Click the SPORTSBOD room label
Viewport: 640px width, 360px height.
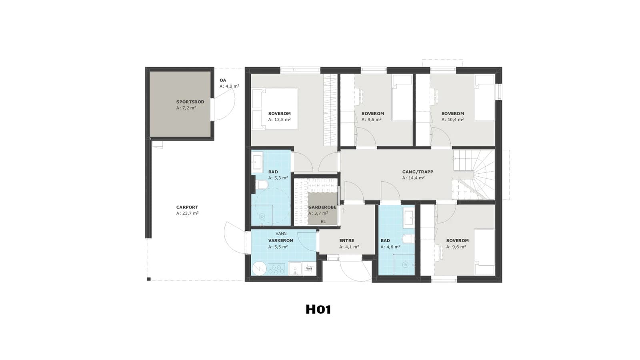coord(190,102)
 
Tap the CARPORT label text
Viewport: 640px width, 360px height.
coord(187,208)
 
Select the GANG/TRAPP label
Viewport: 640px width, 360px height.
coord(418,172)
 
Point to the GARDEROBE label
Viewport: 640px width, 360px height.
coord(322,208)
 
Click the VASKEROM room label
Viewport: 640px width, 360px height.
coord(280,241)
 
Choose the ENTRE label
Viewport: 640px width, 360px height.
coord(346,241)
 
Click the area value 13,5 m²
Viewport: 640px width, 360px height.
coord(282,120)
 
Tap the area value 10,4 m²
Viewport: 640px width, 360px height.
coord(456,120)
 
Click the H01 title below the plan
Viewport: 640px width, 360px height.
coord(318,310)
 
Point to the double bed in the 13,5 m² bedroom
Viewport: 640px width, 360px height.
coord(274,109)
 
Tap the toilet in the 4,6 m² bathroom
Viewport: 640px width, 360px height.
coord(408,239)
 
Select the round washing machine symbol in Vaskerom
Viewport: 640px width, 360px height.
coord(259,268)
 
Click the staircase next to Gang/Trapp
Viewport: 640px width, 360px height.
coord(473,175)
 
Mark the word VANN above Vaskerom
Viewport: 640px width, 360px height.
coord(281,234)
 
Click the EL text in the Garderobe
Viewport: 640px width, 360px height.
coord(323,222)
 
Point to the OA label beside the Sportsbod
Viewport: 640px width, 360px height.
coord(222,80)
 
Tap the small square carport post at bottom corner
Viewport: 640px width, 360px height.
coord(148,279)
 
